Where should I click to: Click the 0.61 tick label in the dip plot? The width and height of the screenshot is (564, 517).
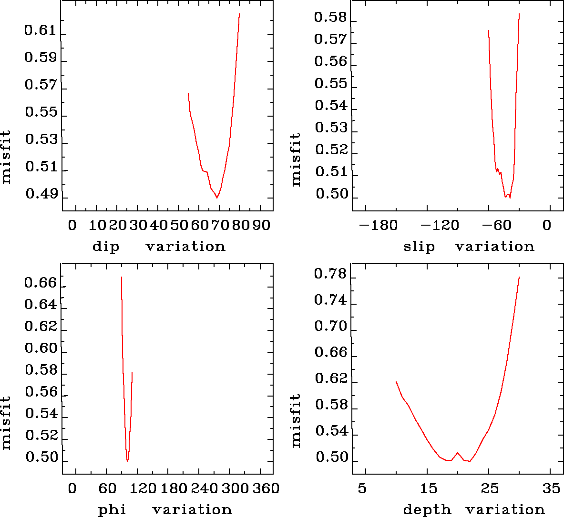[x=40, y=31]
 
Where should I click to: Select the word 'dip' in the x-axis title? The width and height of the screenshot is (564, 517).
[x=105, y=247]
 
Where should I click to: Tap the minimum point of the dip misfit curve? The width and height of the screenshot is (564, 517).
[x=217, y=197]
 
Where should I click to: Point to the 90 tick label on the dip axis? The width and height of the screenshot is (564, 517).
[x=261, y=225]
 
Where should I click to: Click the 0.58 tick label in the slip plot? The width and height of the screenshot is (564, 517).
[x=330, y=18]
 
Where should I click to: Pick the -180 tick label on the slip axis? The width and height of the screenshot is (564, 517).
[x=378, y=225]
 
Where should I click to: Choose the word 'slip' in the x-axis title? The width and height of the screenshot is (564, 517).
[x=419, y=247]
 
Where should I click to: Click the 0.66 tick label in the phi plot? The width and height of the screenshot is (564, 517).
[x=40, y=283]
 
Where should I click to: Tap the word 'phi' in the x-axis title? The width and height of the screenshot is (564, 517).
[x=112, y=510]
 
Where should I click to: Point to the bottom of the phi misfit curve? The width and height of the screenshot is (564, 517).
[x=127, y=461]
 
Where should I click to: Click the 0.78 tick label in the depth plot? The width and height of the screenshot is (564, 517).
[x=330, y=274]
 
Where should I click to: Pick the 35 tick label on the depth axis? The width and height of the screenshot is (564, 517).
[x=551, y=488]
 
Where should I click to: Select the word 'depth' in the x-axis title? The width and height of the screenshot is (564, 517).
[x=427, y=510]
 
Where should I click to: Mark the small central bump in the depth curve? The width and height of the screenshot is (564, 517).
[x=458, y=453]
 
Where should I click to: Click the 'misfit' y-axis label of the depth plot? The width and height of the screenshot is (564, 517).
[x=296, y=420]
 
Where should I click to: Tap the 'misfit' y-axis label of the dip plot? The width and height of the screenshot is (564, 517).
[x=6, y=158]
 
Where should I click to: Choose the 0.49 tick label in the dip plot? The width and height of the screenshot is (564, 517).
[x=40, y=195]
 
